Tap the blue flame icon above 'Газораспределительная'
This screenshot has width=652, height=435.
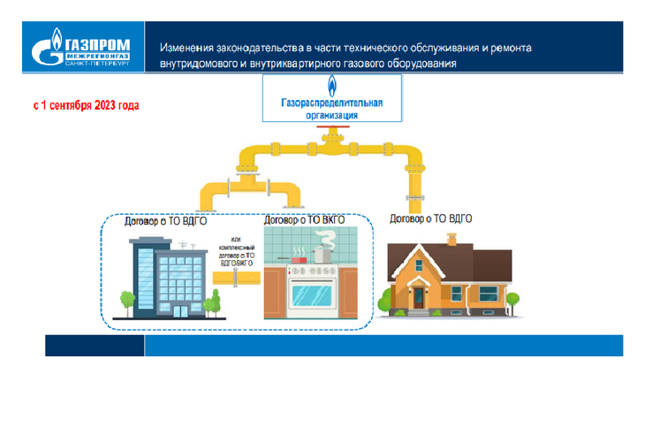(332, 87)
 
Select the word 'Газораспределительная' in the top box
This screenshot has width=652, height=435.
(331, 103)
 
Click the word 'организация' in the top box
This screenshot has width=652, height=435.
(331, 115)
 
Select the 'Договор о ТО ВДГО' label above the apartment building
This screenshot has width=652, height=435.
(166, 221)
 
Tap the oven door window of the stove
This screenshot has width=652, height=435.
(313, 295)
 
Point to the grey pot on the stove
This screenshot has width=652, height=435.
(322, 252)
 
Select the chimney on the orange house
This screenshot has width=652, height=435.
(451, 239)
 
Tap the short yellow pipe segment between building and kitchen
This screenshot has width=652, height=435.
(235, 278)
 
